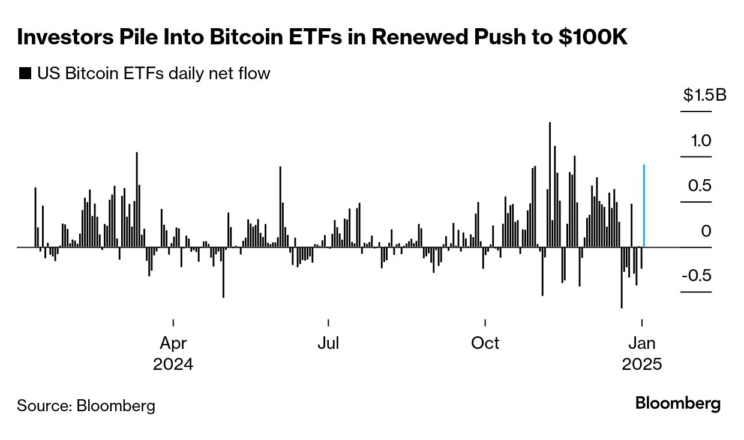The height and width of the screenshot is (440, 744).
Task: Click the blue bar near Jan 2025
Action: click(644, 206)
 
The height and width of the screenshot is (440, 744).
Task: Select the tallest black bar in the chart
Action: click(550, 185)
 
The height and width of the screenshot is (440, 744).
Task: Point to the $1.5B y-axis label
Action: click(704, 95)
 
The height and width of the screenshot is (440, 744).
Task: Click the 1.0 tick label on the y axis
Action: click(700, 141)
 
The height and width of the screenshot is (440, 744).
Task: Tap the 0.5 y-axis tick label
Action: click(700, 186)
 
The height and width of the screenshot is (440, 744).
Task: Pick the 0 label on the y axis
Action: click(706, 231)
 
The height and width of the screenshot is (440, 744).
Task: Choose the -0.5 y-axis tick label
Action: click(697, 276)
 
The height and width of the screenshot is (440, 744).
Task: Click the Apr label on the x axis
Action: click(173, 343)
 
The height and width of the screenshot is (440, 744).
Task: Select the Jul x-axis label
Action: click(328, 343)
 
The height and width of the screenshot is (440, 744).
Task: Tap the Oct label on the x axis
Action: click(485, 343)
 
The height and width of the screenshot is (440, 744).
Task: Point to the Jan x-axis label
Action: click(642, 343)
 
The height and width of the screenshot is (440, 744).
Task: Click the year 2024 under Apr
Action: click(173, 364)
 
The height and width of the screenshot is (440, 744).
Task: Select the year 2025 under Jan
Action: click(642, 364)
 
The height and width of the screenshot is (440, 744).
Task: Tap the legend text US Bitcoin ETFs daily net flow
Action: click(154, 74)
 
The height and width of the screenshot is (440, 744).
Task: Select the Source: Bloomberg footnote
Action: click(86, 406)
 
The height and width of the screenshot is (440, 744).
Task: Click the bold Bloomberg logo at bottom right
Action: click(678, 403)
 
